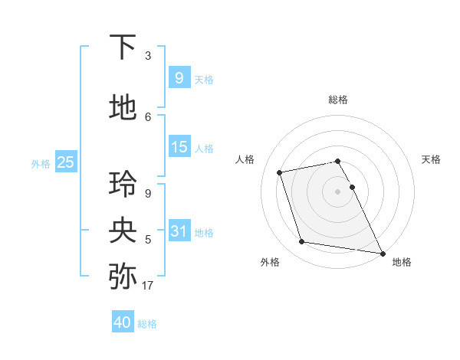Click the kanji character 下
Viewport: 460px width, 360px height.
[123, 48]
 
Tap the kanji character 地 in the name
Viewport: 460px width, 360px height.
[123, 107]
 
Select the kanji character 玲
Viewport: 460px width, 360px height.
[123, 185]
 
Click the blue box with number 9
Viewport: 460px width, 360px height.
[179, 77]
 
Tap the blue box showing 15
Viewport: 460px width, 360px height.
[179, 147]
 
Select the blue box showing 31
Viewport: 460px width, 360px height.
[179, 231]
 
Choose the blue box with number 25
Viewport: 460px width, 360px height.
[65, 162]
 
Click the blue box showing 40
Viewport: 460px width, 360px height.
[123, 322]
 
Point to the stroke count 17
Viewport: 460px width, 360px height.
[148, 286]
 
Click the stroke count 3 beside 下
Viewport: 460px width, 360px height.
[148, 56]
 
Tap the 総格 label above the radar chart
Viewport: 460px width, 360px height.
[338, 100]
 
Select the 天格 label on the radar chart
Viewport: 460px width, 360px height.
[431, 159]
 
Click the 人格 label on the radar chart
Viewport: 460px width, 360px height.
[245, 159]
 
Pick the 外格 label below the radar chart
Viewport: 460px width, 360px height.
[270, 262]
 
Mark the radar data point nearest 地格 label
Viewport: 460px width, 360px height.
[381, 253]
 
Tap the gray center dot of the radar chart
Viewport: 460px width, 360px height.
[338, 191]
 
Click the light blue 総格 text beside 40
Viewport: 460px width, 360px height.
[147, 324]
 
